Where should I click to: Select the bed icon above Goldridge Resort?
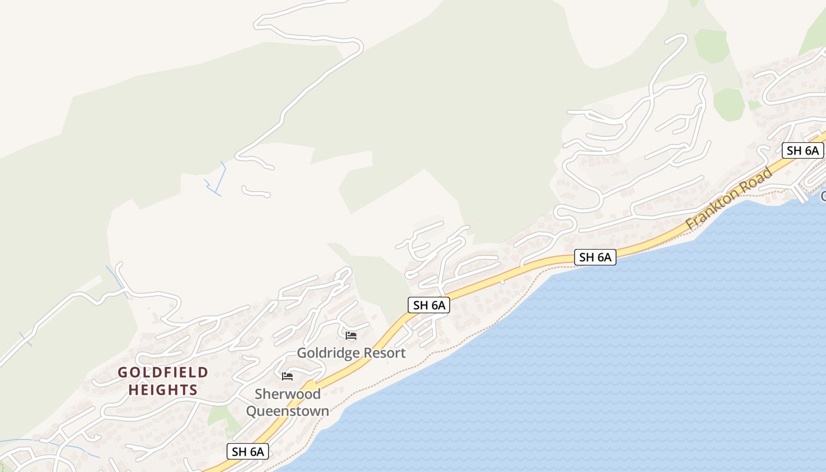(351, 336)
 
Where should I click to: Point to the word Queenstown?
(287, 411)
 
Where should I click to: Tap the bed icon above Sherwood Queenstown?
(287, 376)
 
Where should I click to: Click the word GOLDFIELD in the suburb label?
(163, 372)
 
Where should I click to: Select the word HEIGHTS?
(163, 390)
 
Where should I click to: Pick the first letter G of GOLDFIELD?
(122, 372)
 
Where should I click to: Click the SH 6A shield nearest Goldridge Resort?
(429, 305)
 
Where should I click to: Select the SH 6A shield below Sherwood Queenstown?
(248, 452)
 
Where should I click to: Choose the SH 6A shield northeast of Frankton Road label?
(802, 150)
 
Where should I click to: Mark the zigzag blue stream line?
(215, 181)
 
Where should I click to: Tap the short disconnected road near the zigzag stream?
(255, 191)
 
